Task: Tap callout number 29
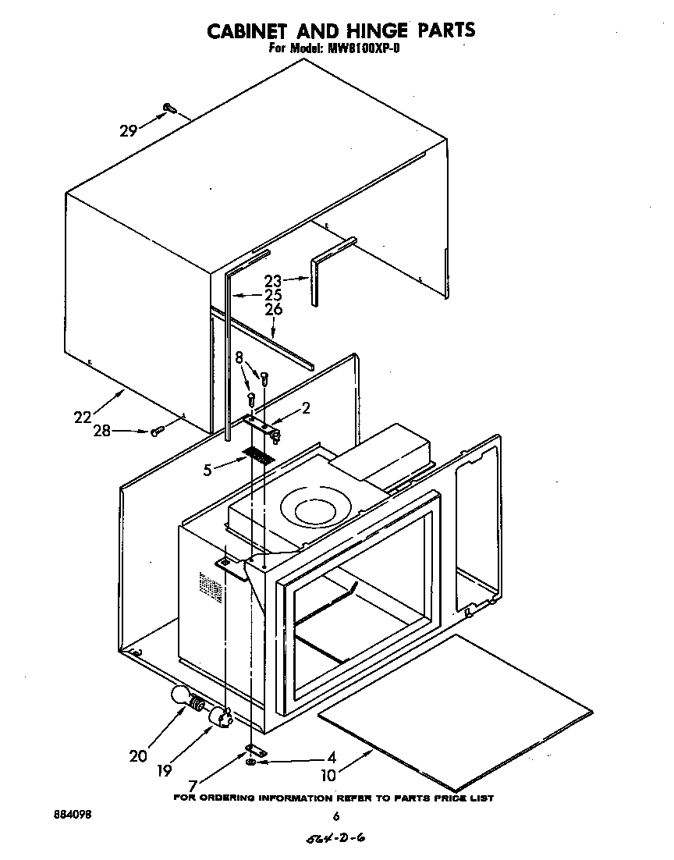(129, 131)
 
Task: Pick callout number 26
(272, 310)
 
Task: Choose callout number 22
(83, 417)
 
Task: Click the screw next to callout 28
(156, 431)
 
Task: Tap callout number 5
(208, 470)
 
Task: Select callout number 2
(306, 408)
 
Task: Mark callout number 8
(239, 357)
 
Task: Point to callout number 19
(163, 770)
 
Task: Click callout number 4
(332, 757)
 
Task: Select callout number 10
(328, 776)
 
